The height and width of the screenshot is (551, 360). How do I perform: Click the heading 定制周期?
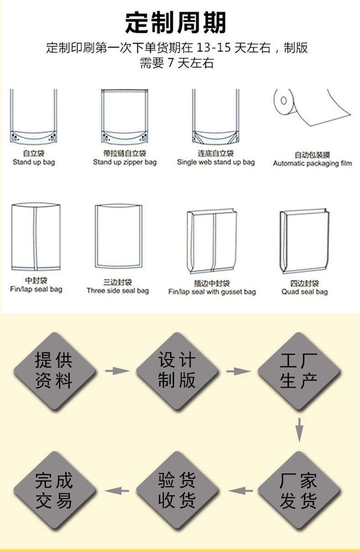tap(175, 22)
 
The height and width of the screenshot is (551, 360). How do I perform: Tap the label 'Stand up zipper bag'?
tap(124, 162)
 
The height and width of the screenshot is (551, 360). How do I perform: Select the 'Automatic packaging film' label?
tap(312, 163)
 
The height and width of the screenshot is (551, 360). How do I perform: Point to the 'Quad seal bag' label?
tap(304, 292)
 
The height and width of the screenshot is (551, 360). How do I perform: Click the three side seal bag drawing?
tap(118, 236)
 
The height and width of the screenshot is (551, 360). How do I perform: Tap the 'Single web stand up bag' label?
tap(216, 162)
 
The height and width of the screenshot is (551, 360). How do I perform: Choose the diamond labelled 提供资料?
tap(54, 371)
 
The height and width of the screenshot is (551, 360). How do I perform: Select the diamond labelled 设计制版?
tap(177, 371)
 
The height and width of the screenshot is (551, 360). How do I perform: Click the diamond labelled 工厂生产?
tap(299, 371)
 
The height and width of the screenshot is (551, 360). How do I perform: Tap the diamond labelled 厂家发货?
tap(299, 490)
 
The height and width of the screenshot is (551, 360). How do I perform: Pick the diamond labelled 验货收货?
tap(177, 490)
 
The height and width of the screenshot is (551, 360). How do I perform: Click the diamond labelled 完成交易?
tap(54, 490)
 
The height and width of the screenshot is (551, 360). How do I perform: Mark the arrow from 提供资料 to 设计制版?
tap(117, 371)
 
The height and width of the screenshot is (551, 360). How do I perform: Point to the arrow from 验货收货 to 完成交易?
tap(117, 491)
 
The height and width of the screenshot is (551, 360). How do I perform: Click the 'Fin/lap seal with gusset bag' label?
tap(212, 292)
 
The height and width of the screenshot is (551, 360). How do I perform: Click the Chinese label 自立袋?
tap(33, 154)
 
